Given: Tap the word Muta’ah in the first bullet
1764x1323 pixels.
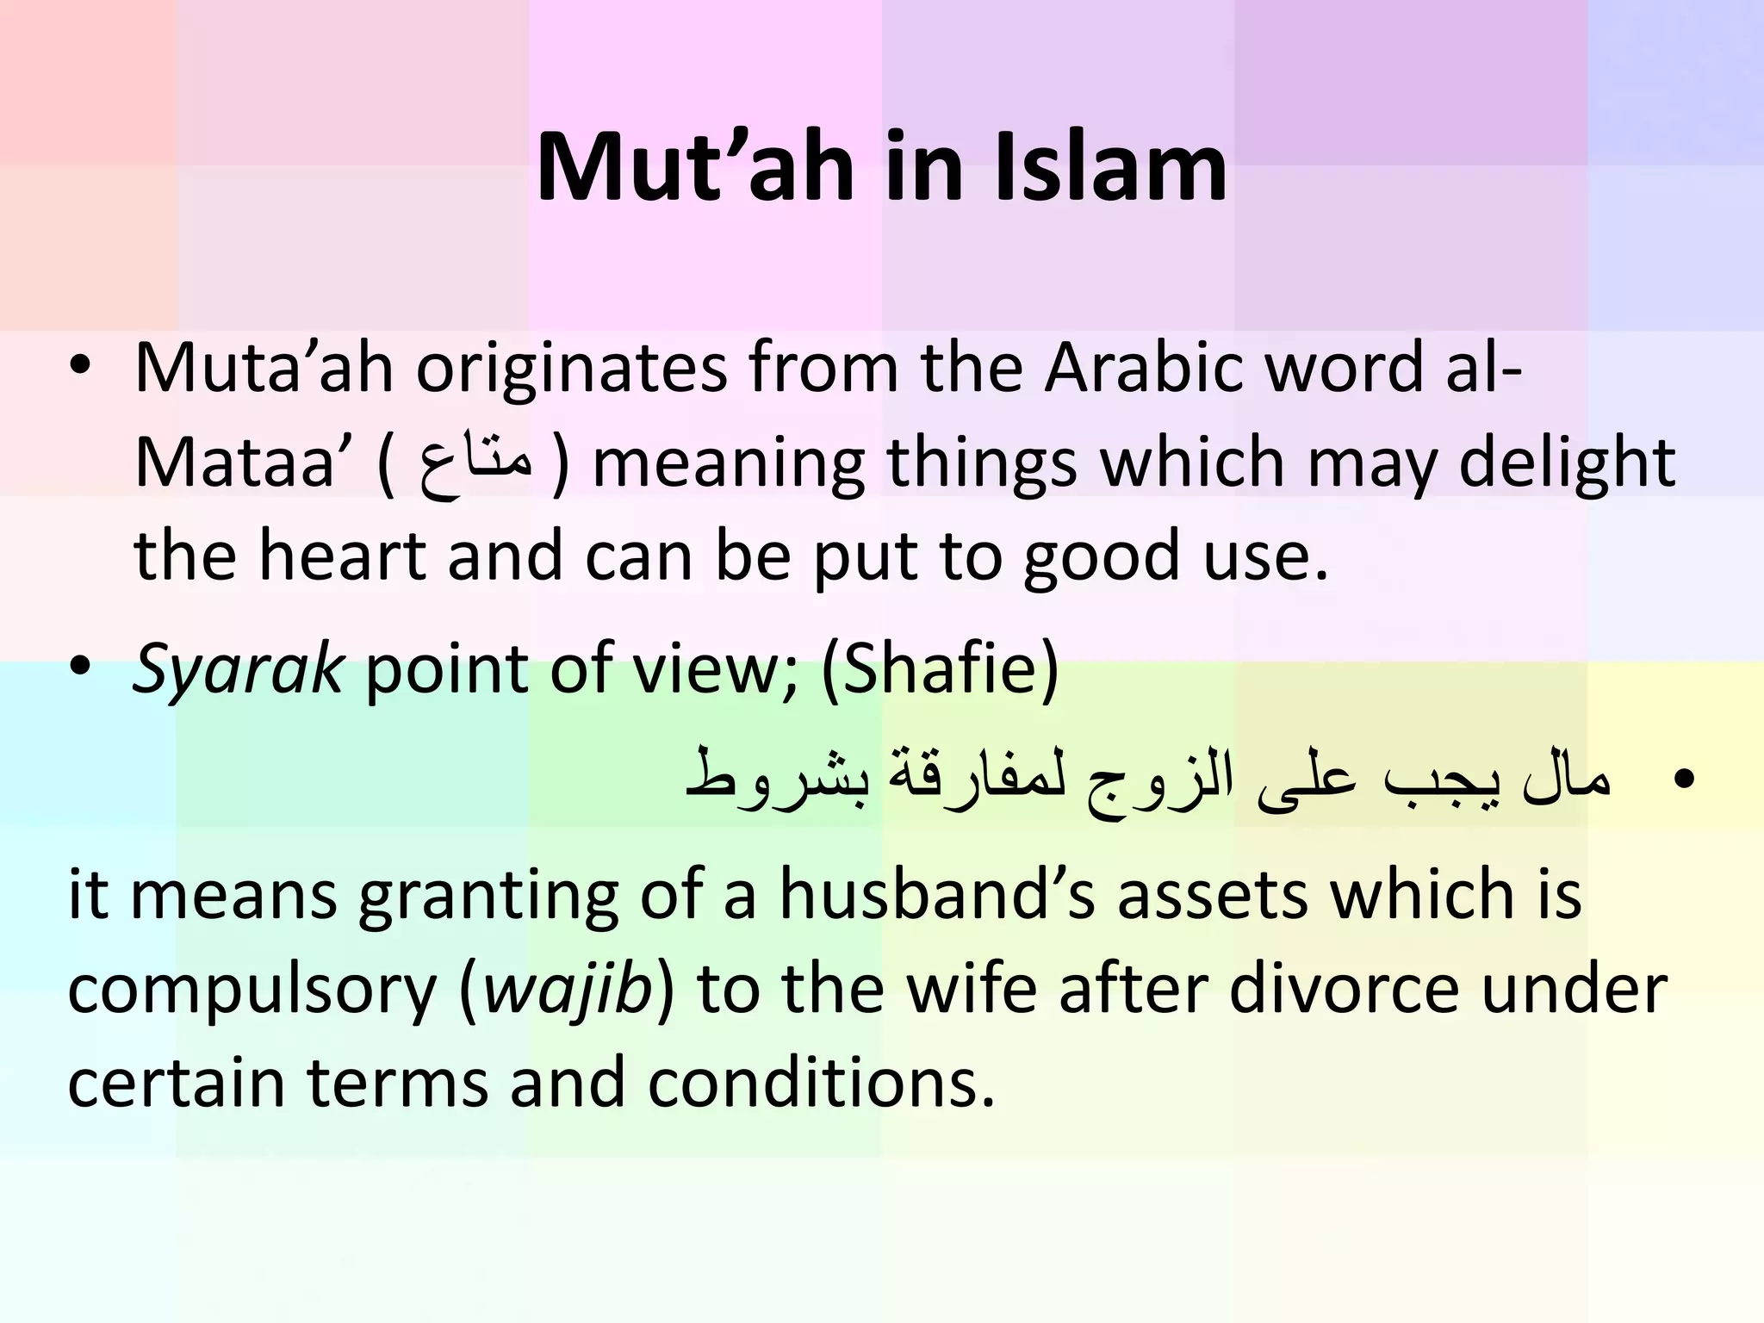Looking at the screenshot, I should tap(264, 369).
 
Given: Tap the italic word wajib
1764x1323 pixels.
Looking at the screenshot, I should tap(566, 991).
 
